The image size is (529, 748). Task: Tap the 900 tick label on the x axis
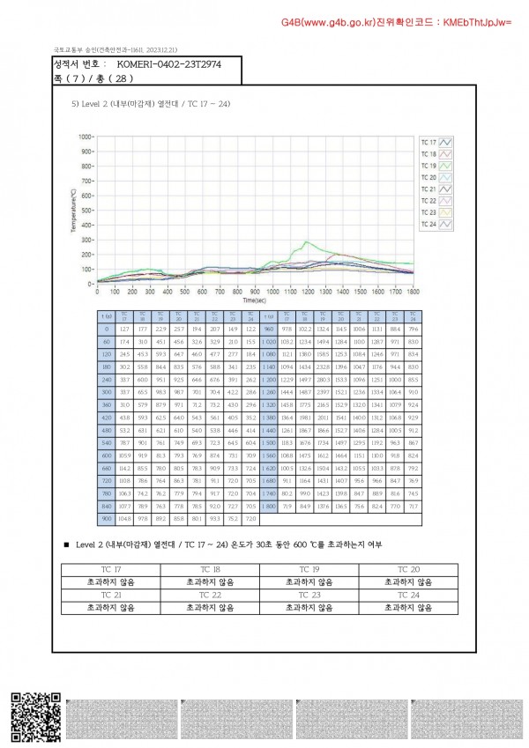pos(255,290)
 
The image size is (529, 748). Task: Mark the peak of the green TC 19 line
pos(305,241)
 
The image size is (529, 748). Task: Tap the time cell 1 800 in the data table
pos(268,507)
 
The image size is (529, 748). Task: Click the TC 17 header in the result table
pos(112,569)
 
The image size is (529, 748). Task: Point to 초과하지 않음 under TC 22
pos(211,607)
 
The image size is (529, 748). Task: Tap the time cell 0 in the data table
pos(106,329)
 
